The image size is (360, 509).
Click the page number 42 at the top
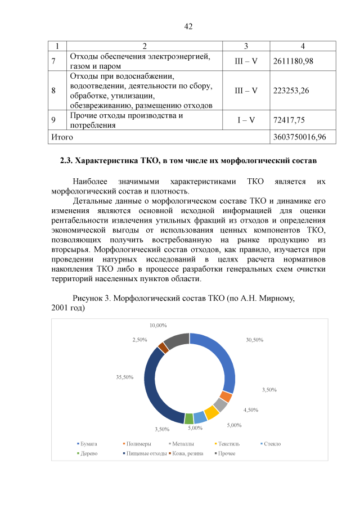[188, 26]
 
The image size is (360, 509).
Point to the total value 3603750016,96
[303, 137]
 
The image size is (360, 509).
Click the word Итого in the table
[62, 137]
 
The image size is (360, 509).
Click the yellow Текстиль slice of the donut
[211, 413]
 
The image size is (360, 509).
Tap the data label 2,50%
[139, 340]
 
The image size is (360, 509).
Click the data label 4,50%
[250, 409]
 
